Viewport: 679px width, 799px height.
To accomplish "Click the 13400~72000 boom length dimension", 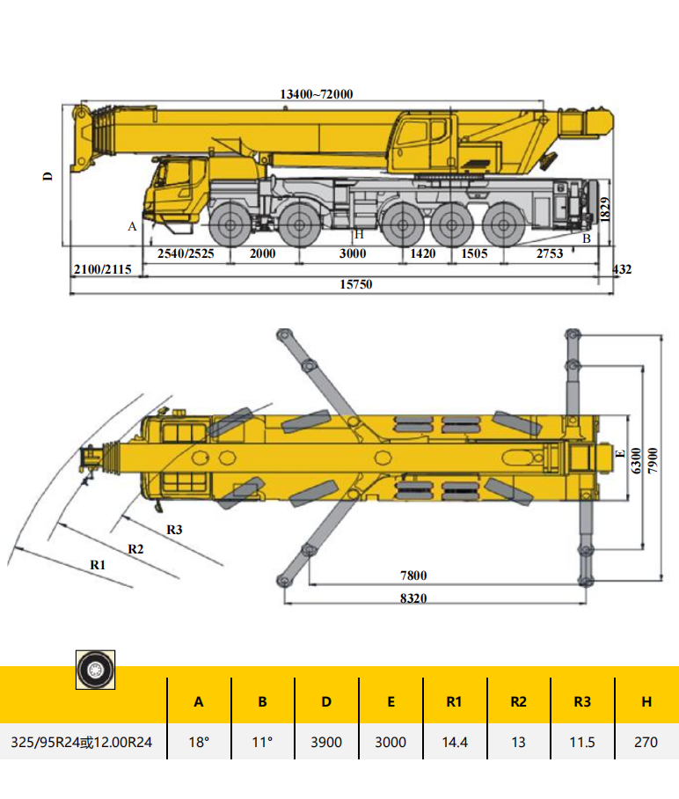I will click(x=317, y=94).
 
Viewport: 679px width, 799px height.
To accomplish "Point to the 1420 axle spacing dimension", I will click(x=423, y=254).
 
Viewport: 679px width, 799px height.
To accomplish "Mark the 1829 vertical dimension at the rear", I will click(x=603, y=209).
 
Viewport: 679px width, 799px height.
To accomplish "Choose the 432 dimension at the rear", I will click(x=622, y=269).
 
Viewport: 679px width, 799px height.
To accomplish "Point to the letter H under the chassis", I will click(x=358, y=235).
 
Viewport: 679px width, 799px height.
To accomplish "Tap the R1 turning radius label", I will click(x=98, y=564).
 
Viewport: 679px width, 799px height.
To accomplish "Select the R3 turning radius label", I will click(x=174, y=530).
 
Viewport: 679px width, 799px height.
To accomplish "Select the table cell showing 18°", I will click(x=199, y=742).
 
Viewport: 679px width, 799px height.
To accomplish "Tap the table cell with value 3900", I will click(x=326, y=742).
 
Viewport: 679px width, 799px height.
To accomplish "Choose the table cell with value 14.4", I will click(x=454, y=742).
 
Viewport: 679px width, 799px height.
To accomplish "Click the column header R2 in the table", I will click(x=518, y=701).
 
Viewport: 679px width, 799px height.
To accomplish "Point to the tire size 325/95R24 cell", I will click(x=82, y=742).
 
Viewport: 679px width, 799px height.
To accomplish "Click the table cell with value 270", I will click(x=646, y=742).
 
